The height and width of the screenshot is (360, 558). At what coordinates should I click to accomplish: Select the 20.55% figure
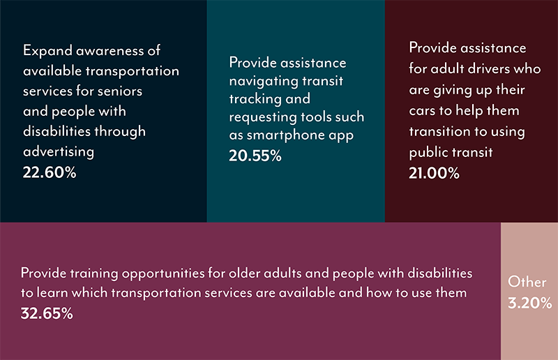(255, 156)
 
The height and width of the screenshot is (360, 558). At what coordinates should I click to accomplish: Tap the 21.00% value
(434, 174)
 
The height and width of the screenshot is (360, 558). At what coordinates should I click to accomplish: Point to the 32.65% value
(47, 314)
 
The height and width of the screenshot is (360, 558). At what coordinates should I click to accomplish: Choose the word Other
(527, 282)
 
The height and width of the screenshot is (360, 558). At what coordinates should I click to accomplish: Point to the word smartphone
(285, 135)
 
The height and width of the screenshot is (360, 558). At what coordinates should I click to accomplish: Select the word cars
(423, 111)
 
